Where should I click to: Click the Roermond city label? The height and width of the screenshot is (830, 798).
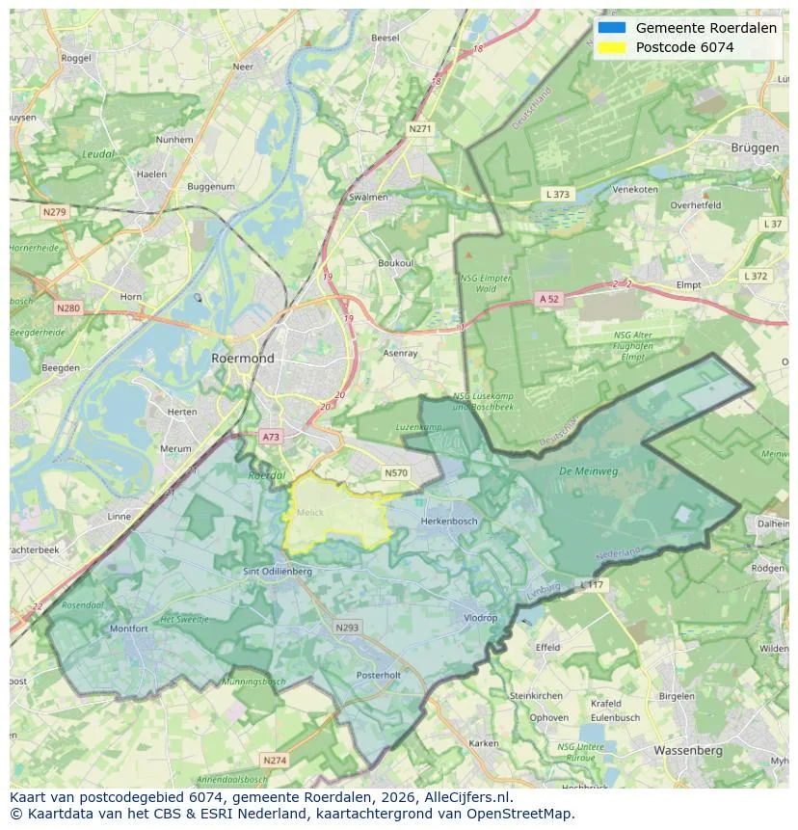tap(242, 358)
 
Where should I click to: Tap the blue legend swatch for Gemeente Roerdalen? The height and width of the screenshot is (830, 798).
tap(611, 28)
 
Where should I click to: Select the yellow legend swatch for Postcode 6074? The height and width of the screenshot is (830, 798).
tap(611, 47)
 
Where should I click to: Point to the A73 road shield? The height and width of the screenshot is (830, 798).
tap(271, 437)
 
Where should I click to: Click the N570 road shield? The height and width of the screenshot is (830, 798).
tap(395, 472)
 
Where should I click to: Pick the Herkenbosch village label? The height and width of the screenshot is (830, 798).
tap(449, 521)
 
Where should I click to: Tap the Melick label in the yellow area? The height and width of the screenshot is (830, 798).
tap(310, 513)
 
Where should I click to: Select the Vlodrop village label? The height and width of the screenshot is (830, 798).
tap(480, 618)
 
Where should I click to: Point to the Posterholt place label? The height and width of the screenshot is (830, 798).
tap(378, 676)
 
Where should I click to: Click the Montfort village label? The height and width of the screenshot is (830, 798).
tap(128, 629)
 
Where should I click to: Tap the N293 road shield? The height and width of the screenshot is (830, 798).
tap(347, 627)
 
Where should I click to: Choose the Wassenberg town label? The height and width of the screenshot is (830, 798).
tap(687, 749)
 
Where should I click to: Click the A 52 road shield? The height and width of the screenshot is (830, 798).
tap(548, 299)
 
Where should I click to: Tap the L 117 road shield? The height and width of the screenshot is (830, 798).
tap(590, 585)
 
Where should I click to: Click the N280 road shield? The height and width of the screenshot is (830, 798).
tap(68, 308)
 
